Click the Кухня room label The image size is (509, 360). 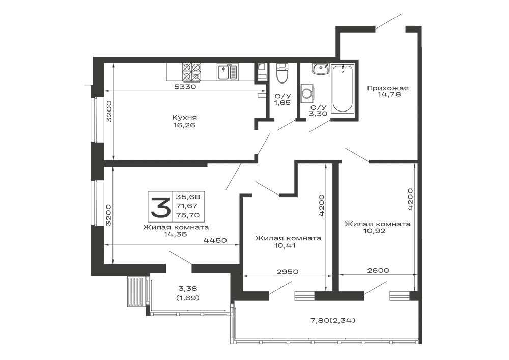(184, 118)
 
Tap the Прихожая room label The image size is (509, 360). (388, 88)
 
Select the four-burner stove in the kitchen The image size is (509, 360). (192, 72)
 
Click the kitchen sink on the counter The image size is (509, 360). (228, 72)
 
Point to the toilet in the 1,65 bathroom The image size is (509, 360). (282, 73)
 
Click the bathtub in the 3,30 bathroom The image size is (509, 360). (343, 88)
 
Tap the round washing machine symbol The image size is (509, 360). (307, 93)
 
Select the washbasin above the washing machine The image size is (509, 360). (321, 69)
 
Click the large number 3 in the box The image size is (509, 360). (161, 207)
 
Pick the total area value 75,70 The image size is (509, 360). (188, 215)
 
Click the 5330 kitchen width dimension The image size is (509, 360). (185, 87)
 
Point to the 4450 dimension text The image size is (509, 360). (215, 240)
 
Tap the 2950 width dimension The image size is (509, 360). (287, 272)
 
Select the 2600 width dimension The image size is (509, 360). (378, 270)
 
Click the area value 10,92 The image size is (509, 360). (375, 231)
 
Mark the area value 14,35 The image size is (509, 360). (176, 234)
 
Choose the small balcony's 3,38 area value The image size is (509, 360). (188, 288)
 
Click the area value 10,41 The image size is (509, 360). (285, 245)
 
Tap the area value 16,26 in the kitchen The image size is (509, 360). (184, 125)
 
